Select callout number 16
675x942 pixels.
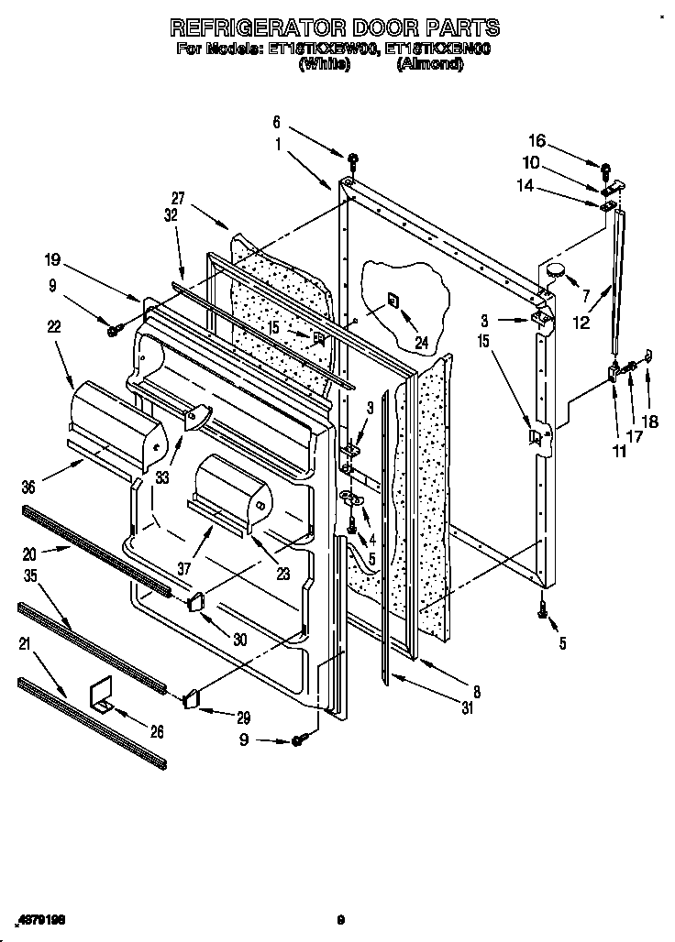pyautogui.click(x=537, y=141)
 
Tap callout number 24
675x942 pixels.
pyautogui.click(x=421, y=345)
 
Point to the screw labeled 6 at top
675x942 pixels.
pyautogui.click(x=352, y=163)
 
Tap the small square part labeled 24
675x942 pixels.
pyautogui.click(x=393, y=299)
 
